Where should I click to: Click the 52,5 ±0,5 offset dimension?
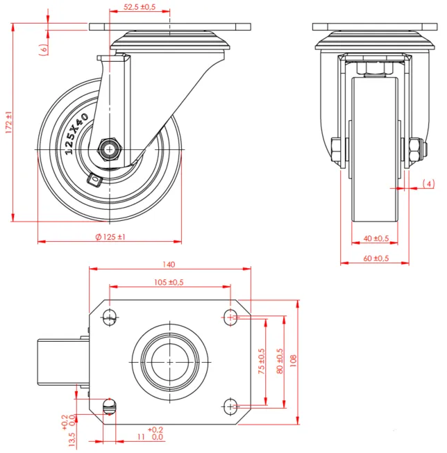point(140,7)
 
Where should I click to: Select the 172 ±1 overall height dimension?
point(8,122)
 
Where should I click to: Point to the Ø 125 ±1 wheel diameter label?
point(109,237)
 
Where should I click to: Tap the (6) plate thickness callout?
point(44,49)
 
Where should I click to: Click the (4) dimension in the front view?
point(428,183)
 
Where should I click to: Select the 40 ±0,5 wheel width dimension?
point(376,238)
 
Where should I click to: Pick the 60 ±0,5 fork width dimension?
point(376,258)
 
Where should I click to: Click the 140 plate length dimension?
point(169,264)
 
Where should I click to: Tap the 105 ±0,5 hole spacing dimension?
point(168,281)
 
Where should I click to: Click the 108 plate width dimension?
point(294,361)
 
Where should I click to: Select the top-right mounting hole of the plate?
point(230,318)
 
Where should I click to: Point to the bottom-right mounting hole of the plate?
point(230,405)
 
